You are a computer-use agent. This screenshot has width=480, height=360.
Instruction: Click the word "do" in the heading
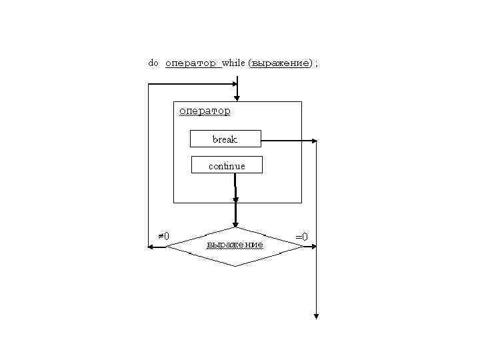click(153, 63)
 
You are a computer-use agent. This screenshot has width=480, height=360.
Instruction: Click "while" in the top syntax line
click(233, 63)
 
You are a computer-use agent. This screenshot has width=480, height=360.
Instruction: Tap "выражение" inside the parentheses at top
click(281, 63)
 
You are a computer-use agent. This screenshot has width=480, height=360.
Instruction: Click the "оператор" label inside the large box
click(205, 111)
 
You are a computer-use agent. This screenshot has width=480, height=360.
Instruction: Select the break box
click(225, 139)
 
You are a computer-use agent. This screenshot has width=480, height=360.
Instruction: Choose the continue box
click(227, 165)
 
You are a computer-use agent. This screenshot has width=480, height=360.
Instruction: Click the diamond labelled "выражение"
click(235, 246)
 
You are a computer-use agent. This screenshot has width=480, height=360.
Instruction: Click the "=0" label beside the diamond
click(301, 236)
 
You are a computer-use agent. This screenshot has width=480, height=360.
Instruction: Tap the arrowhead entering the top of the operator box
click(237, 97)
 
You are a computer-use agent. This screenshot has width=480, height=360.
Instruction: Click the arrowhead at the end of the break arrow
click(315, 141)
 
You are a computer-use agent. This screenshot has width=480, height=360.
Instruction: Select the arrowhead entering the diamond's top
click(235, 224)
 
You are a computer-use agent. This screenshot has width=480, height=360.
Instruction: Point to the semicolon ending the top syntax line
click(317, 63)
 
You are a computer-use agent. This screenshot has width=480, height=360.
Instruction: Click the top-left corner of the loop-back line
click(148, 85)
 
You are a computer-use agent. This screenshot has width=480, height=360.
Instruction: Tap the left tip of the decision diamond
click(167, 247)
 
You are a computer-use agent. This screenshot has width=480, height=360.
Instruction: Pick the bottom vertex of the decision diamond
click(235, 266)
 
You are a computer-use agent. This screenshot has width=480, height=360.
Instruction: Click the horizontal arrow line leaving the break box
click(287, 141)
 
